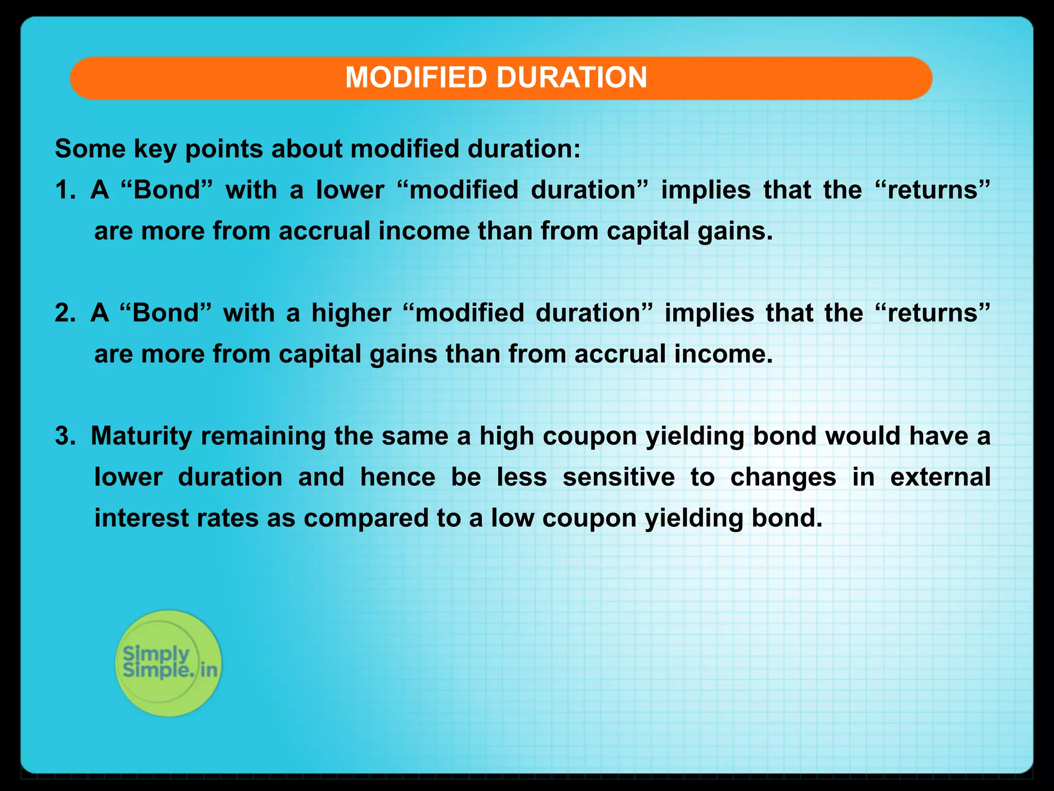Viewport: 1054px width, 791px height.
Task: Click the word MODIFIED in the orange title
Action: tap(416, 78)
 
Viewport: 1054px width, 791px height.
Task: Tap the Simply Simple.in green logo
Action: tap(168, 663)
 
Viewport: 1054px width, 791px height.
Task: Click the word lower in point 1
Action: tap(350, 190)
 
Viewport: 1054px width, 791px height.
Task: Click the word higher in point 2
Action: tap(351, 313)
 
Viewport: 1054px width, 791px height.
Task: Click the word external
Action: tap(940, 477)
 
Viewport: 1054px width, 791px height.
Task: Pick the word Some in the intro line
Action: tap(90, 149)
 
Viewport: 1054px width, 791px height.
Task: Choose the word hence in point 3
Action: tap(397, 477)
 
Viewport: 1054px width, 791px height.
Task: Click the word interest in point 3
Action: tap(141, 518)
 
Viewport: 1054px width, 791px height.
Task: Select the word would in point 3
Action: tap(863, 436)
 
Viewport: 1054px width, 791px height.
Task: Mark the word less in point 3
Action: tap(521, 477)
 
